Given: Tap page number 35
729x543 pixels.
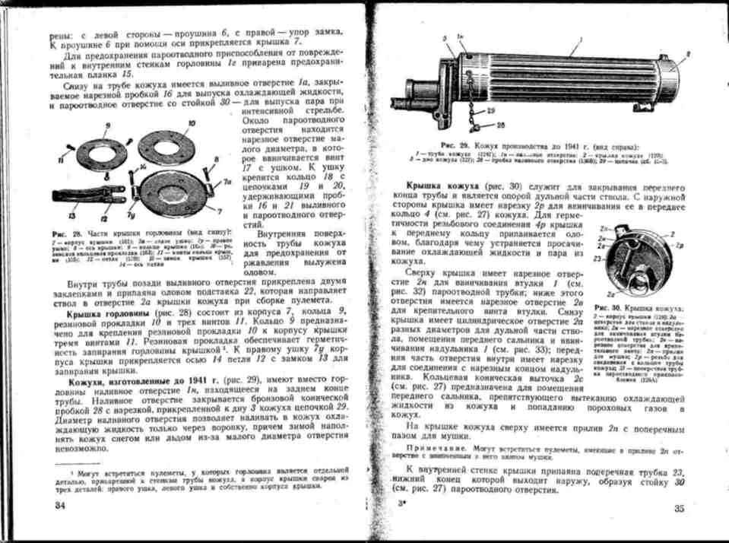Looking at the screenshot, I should (x=680, y=509).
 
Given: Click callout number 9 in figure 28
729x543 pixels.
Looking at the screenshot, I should (x=108, y=124).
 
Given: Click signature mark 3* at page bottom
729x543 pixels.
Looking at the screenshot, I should (x=401, y=505).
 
